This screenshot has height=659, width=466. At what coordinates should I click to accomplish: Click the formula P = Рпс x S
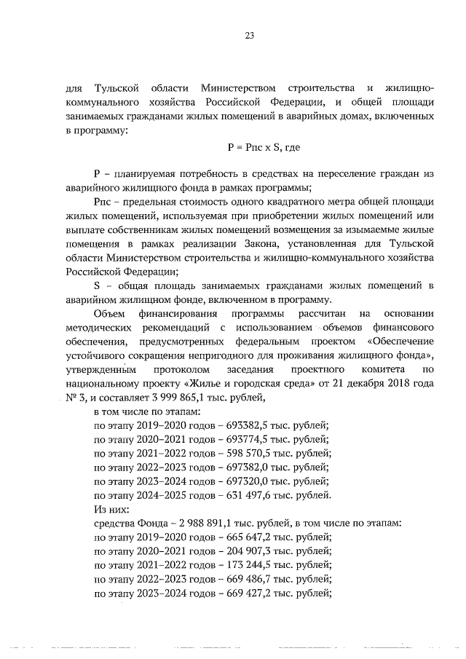click(252, 146)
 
